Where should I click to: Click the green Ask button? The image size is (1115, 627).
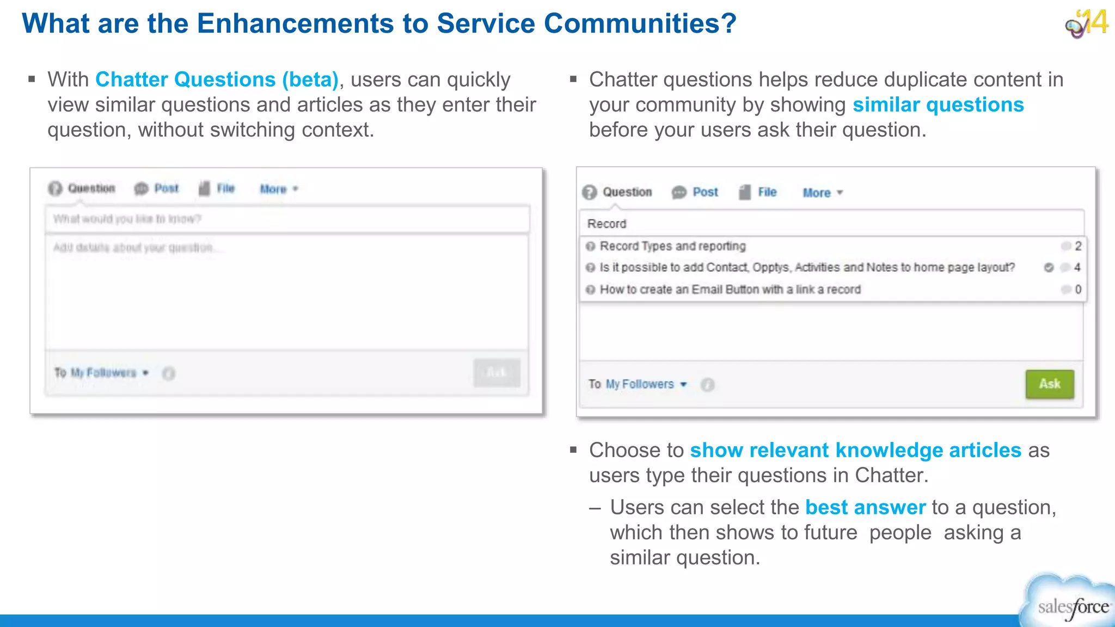coord(1050,384)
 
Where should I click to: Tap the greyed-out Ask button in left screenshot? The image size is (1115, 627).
coord(497,373)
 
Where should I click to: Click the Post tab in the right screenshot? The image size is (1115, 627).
coord(705,192)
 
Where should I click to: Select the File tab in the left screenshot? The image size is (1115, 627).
coord(225,188)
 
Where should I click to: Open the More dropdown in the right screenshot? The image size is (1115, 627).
coord(822,193)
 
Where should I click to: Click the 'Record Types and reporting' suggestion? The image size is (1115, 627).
coord(672,246)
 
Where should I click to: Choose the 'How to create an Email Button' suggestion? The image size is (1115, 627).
coord(730,290)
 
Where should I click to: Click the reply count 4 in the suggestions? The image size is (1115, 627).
coord(1077,267)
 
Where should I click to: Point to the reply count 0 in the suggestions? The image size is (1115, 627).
coord(1078,290)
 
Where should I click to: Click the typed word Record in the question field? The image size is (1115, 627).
coord(606,224)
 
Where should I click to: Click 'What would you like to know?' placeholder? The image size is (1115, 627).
coord(127,219)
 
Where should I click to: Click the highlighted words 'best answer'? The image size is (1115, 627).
coord(865,507)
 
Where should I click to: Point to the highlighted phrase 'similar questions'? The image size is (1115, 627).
coord(938,104)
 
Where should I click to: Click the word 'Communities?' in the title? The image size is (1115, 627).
coord(640,23)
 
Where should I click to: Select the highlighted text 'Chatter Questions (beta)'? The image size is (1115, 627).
coord(217,79)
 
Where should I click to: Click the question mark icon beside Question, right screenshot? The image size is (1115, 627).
coord(590,192)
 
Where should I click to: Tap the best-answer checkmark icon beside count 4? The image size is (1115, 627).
coord(1049,267)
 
